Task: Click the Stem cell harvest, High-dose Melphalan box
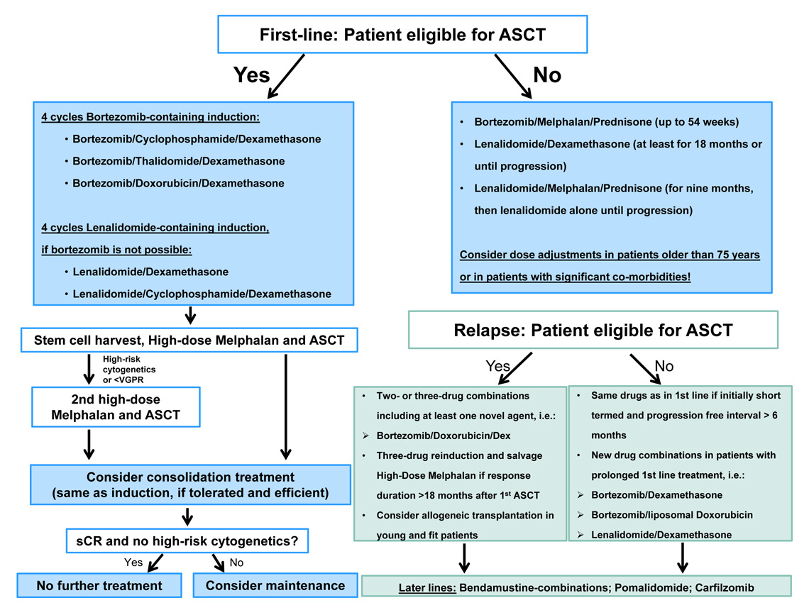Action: [189, 340]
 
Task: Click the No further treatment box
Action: [100, 585]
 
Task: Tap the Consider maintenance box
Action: [275, 585]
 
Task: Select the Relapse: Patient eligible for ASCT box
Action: [593, 330]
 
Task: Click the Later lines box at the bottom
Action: [576, 587]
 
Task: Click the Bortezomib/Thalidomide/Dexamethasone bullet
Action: [178, 161]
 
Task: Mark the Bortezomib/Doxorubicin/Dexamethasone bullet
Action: [178, 183]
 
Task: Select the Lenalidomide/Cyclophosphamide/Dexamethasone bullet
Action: [202, 294]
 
